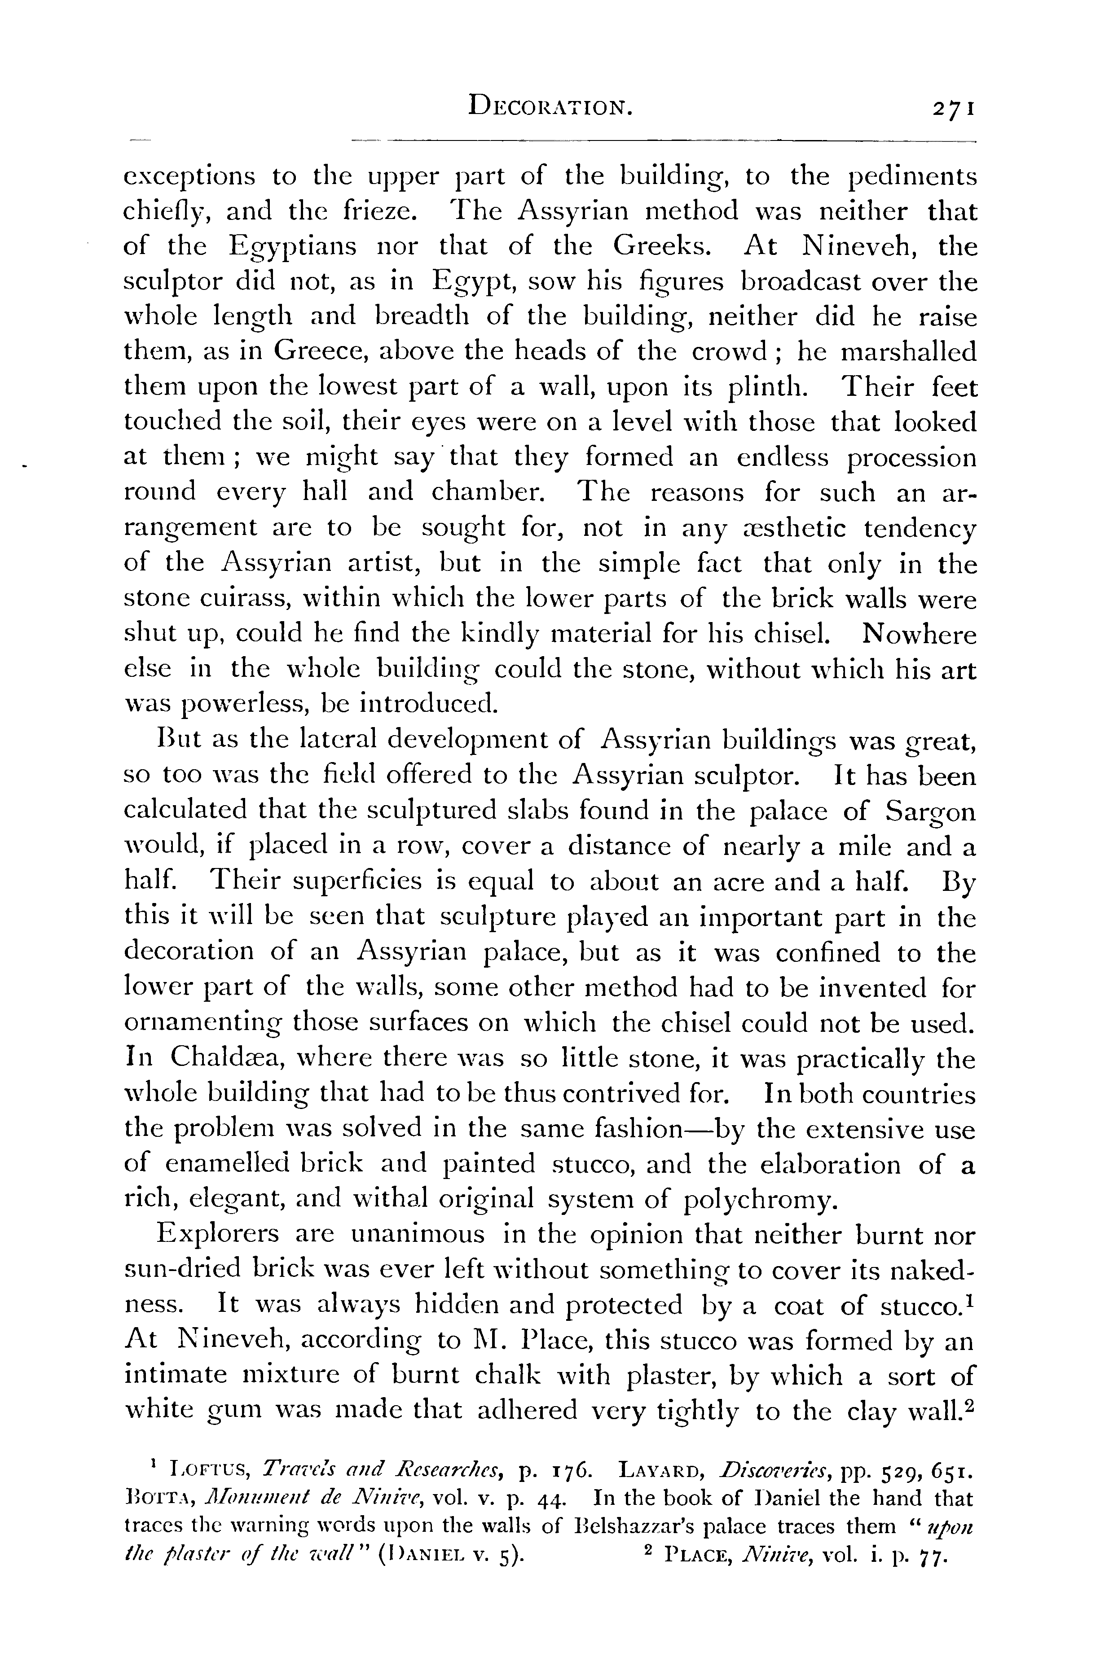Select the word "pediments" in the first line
[x=912, y=177]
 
